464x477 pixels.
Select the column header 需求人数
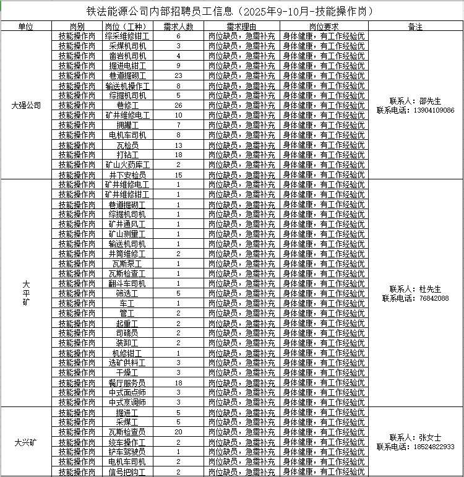coord(178,27)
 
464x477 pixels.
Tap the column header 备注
coord(416,27)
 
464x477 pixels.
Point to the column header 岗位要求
coord(324,27)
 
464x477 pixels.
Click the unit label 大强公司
coord(26,105)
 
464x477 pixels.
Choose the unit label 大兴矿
coord(26,442)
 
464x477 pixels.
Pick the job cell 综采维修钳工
coord(127,37)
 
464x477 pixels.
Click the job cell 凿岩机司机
coord(127,56)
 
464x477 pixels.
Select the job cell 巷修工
coord(127,105)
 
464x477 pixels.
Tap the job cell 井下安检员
coord(127,175)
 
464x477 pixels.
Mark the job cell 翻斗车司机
coord(127,283)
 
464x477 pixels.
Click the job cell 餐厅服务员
coord(127,382)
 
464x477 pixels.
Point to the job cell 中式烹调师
coord(127,402)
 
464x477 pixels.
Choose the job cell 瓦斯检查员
coord(127,432)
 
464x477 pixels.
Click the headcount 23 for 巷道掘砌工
coord(178,75)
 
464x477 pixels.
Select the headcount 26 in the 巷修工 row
coord(178,105)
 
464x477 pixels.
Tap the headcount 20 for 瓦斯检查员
coord(178,432)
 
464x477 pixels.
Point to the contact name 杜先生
coord(430,289)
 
